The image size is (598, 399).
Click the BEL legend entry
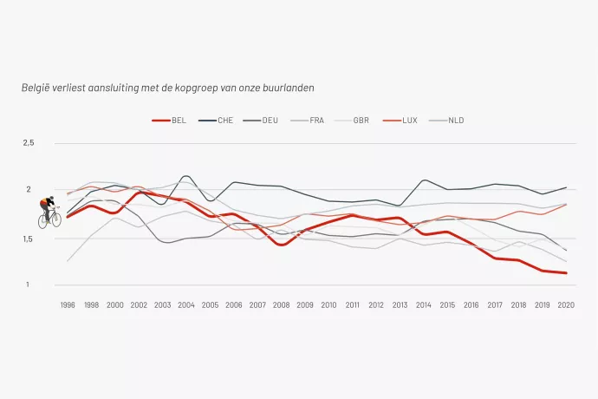coord(169,121)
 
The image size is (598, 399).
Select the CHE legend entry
coord(216,121)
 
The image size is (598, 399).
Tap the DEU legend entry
coord(261,121)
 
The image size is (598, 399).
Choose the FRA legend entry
coord(308,121)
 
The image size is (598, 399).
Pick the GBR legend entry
coord(352,121)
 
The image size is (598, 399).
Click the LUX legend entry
coord(400,121)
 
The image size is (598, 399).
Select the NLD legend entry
coord(446,121)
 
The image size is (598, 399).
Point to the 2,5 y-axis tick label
coord(29,143)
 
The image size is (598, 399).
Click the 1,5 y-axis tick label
coord(27,239)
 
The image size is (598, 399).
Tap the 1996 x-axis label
coord(68,305)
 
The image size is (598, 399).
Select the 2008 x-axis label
coord(281,305)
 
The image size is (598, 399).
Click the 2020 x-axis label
coord(566,305)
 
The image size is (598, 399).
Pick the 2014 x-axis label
coord(423,305)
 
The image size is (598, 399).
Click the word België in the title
coord(35,88)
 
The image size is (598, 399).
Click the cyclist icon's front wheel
coord(56,219)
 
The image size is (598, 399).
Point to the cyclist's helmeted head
coord(51,199)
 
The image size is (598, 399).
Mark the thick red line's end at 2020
coord(566,273)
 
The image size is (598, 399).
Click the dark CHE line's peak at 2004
coord(186,176)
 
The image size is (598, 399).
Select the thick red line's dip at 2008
coord(282,245)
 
